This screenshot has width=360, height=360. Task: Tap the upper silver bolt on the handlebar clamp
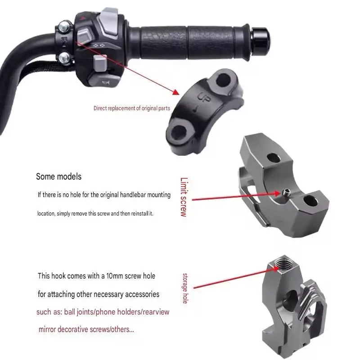[x=64, y=27]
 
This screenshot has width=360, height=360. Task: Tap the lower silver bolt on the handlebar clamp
[x=64, y=58]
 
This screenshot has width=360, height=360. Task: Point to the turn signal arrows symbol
[x=99, y=45]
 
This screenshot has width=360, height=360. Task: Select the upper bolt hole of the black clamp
[x=223, y=80]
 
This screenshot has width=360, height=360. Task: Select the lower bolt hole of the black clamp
[x=180, y=133]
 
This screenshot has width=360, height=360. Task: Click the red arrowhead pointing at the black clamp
[x=176, y=92]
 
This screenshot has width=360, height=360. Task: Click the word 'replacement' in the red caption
[x=121, y=108]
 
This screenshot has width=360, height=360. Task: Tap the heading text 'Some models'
[x=59, y=176]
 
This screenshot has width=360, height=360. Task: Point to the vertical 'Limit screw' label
[x=184, y=197]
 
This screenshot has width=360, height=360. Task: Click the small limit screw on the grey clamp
[x=286, y=193]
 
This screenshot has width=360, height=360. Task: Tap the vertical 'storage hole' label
[x=185, y=288]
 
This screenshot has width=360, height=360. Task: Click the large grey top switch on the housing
[x=109, y=22]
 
